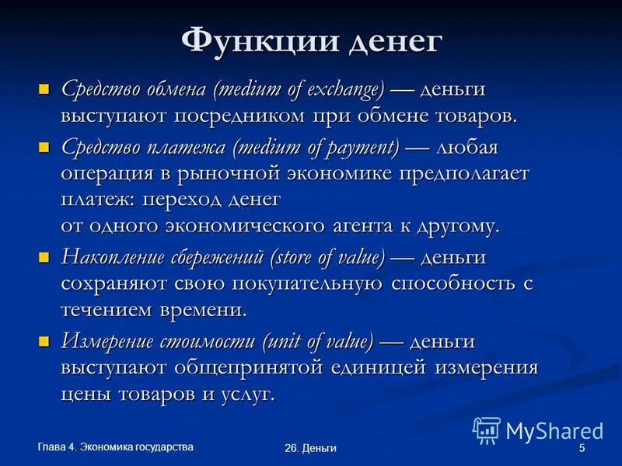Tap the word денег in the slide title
395,41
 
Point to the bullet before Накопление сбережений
44,256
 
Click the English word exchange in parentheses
343,89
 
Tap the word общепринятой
275,367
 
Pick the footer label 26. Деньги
310,449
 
